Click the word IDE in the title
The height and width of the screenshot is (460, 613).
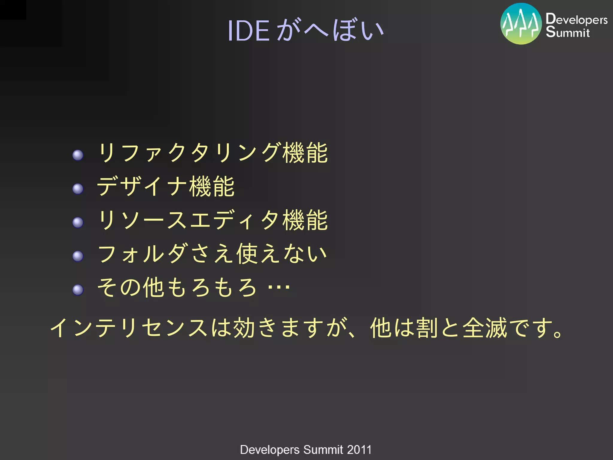point(248,31)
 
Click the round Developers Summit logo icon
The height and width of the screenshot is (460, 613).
point(521,24)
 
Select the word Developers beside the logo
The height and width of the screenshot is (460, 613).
point(576,19)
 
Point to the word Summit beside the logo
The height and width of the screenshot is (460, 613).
point(568,32)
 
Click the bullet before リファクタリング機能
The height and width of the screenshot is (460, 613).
point(78,155)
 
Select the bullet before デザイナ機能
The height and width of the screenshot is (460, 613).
point(78,189)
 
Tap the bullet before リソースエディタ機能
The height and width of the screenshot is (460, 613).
point(78,222)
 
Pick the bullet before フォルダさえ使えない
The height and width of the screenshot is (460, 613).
point(78,256)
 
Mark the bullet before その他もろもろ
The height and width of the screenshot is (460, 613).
point(78,290)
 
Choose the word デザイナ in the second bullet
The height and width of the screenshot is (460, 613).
point(142,186)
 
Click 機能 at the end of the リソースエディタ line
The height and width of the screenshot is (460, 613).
point(305,220)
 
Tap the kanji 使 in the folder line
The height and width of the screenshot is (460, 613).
point(247,254)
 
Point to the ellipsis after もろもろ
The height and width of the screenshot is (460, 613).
point(279,287)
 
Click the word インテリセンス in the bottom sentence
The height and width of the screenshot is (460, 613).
point(129,328)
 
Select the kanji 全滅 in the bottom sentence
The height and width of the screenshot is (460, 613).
point(485,328)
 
